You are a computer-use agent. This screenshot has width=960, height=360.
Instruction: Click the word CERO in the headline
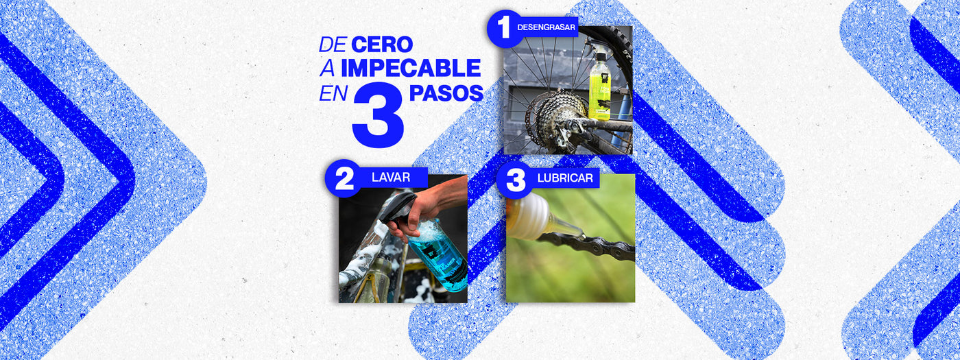[x=382, y=45]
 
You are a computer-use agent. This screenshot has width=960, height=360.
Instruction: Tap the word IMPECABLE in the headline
[x=411, y=68]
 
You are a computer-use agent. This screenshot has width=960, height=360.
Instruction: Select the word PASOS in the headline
[x=446, y=93]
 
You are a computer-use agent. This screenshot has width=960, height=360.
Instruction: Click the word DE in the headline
[x=333, y=45]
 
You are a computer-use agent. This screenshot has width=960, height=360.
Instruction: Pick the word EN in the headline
[x=333, y=93]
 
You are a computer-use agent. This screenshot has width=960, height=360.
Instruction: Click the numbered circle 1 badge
[x=505, y=29]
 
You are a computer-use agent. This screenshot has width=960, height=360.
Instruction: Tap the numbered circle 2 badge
[x=343, y=178]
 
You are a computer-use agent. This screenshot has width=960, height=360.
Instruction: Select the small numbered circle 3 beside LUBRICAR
[x=515, y=180]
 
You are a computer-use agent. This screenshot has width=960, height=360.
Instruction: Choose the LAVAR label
[x=391, y=178]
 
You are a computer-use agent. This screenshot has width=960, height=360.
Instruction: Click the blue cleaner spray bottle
[x=437, y=254]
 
